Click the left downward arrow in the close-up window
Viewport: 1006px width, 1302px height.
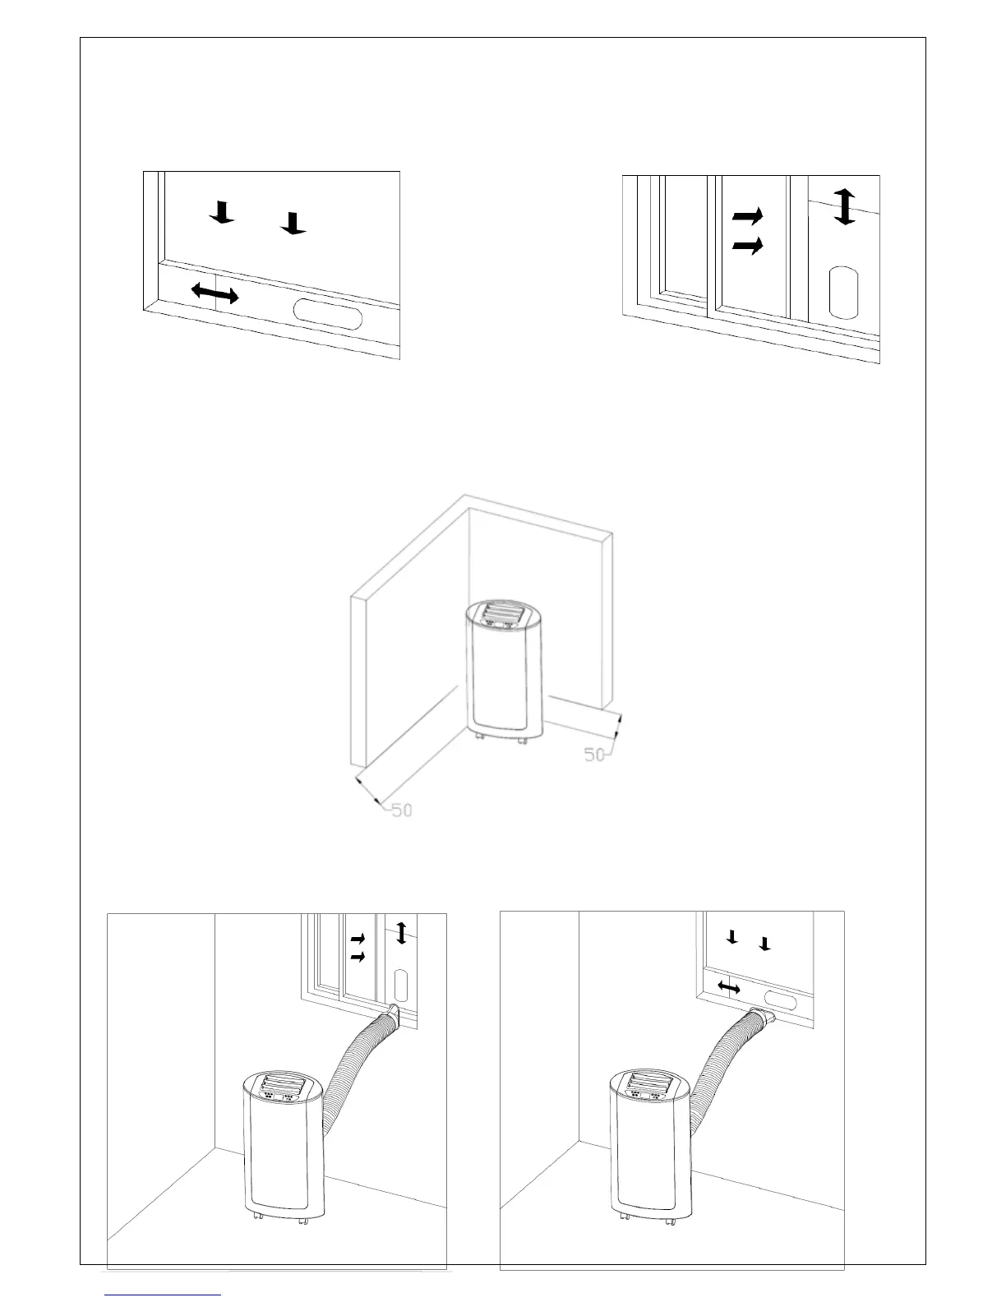(x=223, y=212)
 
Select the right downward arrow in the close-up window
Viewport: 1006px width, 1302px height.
(x=293, y=223)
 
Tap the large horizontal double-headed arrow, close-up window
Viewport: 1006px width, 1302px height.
(x=215, y=293)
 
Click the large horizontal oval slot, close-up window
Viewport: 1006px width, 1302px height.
(x=327, y=314)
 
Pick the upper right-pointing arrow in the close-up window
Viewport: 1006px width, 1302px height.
(x=747, y=216)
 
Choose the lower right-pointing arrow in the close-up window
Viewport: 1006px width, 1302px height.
(x=747, y=246)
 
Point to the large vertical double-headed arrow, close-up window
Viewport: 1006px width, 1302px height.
(x=845, y=205)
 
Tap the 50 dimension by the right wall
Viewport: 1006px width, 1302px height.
(x=594, y=754)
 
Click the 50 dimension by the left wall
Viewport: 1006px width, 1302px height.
(x=401, y=810)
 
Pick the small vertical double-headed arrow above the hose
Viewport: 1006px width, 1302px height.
(x=401, y=932)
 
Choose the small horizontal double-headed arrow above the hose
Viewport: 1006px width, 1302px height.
(x=729, y=986)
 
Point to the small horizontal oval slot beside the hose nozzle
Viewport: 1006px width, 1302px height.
(x=787, y=1002)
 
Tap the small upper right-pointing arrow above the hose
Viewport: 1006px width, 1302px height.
(x=358, y=938)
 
